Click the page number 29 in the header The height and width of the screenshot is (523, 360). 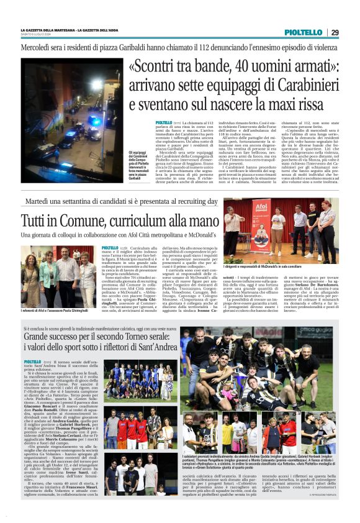pos(335,32)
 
